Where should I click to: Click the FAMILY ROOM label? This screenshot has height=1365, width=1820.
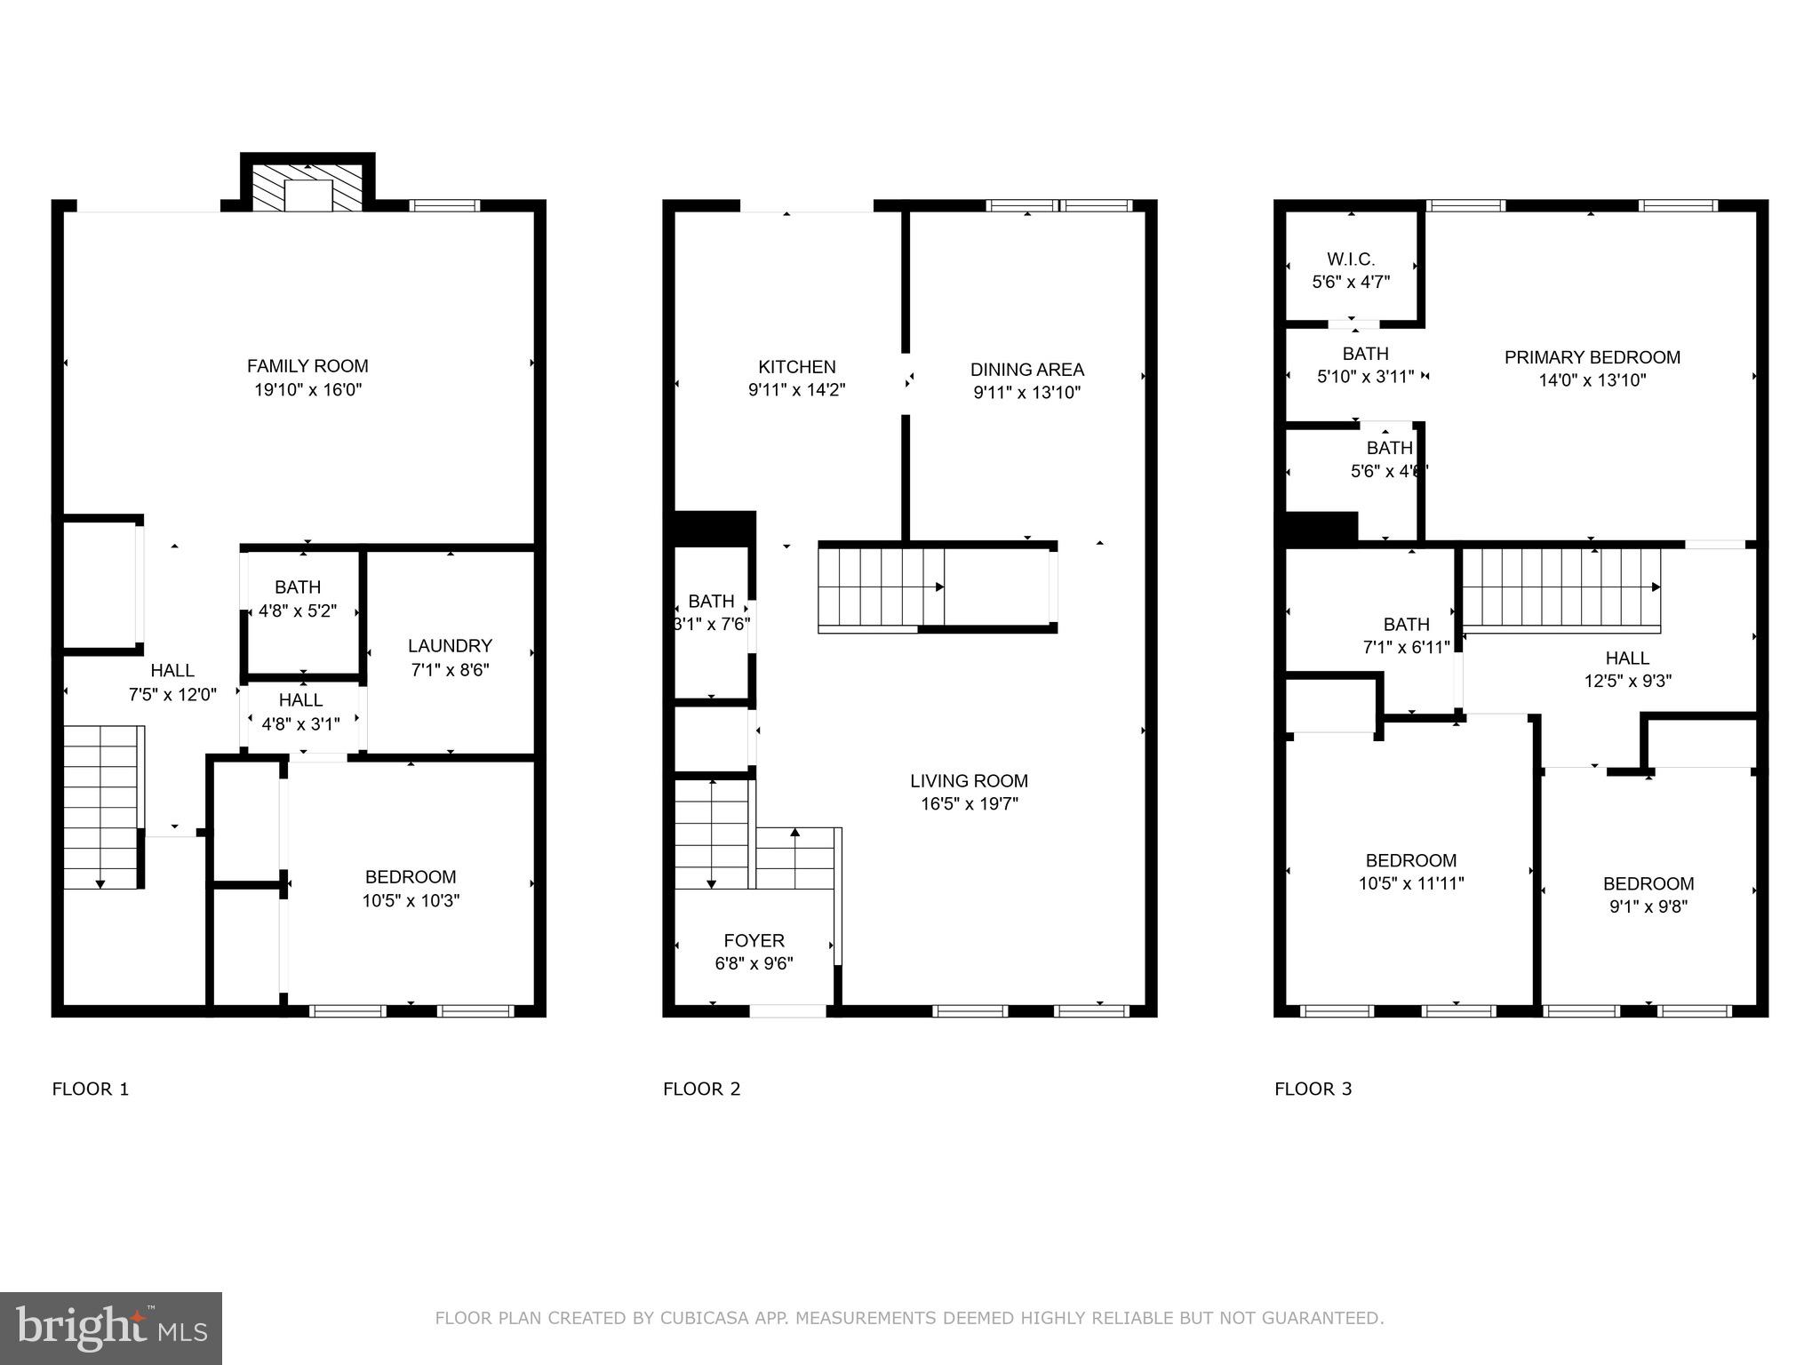point(307,366)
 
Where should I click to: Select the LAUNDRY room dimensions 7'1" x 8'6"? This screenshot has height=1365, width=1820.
point(450,670)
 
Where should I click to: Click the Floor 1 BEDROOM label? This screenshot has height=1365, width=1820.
point(410,877)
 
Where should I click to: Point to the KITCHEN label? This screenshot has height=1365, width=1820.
point(796,367)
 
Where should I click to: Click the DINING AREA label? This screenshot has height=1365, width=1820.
point(1026,370)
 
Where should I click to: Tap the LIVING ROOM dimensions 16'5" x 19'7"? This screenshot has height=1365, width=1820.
point(969,804)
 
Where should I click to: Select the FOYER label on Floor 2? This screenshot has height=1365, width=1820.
point(754,940)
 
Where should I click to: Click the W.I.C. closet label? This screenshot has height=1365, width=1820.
point(1351,259)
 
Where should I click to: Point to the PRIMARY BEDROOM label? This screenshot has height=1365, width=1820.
point(1592,357)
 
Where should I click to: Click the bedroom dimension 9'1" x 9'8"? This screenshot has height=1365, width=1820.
point(1648,906)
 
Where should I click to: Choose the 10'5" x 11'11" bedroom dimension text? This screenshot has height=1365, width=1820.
point(1410,883)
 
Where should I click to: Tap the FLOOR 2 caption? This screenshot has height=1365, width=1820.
point(701,1090)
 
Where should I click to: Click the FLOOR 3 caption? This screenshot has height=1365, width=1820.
point(1313,1090)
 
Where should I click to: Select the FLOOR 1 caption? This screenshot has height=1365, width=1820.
point(91,1090)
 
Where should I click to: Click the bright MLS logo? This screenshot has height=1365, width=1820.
point(111,1328)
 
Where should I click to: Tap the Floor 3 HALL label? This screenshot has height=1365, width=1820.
point(1627,659)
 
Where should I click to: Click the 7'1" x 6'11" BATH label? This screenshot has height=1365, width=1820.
point(1406,625)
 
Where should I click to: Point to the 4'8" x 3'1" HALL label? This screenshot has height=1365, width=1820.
point(300,700)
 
